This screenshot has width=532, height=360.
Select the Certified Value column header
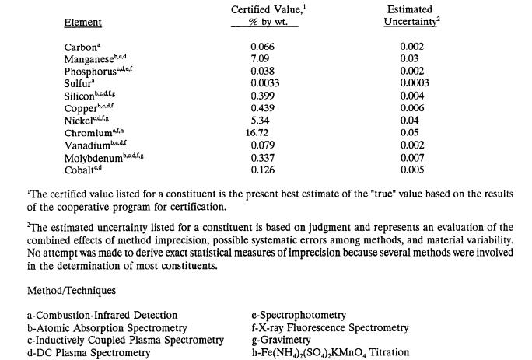pyautogui.click(x=264, y=15)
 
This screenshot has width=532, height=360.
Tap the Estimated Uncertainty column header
pyautogui.click(x=410, y=15)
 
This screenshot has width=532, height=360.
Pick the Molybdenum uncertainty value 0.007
pyautogui.click(x=411, y=158)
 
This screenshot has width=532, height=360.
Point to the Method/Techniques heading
pyautogui.click(x=105, y=290)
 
